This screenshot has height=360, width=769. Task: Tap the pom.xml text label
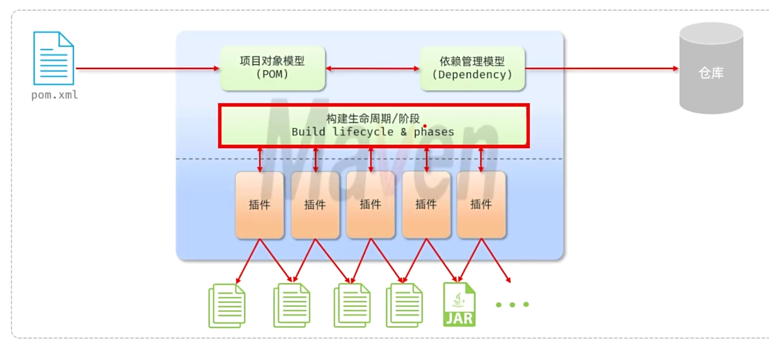pos(54,95)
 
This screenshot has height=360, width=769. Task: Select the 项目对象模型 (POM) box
pos(272,68)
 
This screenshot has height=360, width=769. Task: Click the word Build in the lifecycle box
pos(308,132)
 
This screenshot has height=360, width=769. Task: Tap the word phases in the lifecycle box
pos(434,132)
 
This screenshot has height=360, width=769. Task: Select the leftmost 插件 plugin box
pos(259,205)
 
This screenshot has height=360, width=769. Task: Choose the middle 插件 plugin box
pos(370,205)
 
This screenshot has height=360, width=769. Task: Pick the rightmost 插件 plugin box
pos(481,205)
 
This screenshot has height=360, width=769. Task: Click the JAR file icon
pos(459,304)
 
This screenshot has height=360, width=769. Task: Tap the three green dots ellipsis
pos(512,304)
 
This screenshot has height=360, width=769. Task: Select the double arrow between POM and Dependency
pos(372,68)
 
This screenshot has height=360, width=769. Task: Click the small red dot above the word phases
pos(425,126)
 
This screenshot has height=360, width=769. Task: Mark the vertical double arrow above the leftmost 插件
pos(260,160)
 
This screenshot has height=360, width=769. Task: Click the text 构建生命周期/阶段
pos(373,119)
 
